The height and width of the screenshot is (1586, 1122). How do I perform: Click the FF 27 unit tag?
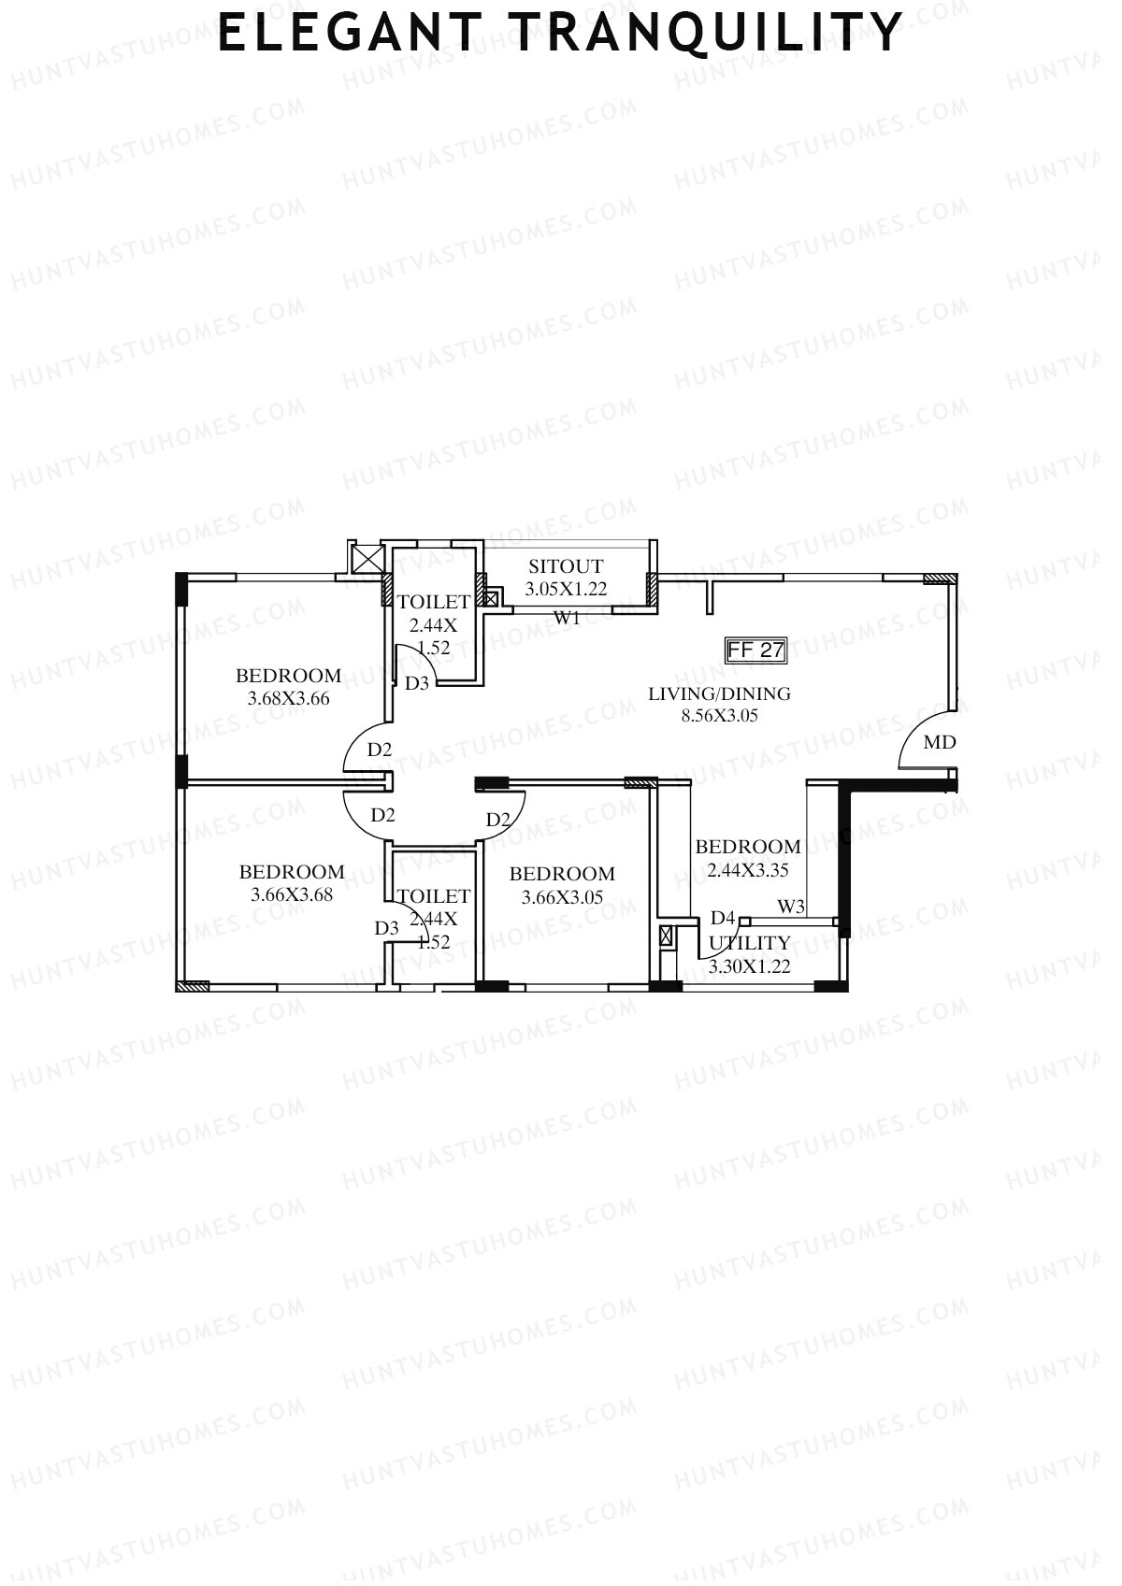pyautogui.click(x=755, y=650)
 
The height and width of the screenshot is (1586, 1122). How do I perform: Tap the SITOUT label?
pyautogui.click(x=566, y=566)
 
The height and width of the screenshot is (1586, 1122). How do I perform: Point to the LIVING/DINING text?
pyautogui.click(x=719, y=693)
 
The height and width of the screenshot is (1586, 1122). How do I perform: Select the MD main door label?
pyautogui.click(x=939, y=743)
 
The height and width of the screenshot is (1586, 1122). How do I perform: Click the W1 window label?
pyautogui.click(x=568, y=618)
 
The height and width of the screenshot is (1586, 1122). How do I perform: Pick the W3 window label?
pyautogui.click(x=791, y=907)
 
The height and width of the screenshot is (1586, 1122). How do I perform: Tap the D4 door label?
pyautogui.click(x=723, y=918)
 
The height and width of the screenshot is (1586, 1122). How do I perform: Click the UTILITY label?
pyautogui.click(x=749, y=943)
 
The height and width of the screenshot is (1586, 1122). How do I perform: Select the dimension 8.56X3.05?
pyautogui.click(x=719, y=717)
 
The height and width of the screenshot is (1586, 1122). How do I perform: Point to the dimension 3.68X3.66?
pyautogui.click(x=288, y=698)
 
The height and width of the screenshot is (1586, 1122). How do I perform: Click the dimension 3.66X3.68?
pyautogui.click(x=292, y=894)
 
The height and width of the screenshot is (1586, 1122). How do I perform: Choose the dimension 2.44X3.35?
pyautogui.click(x=748, y=870)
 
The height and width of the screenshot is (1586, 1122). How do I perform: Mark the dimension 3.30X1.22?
pyautogui.click(x=749, y=967)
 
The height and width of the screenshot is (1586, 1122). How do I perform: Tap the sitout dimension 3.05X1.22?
pyautogui.click(x=566, y=589)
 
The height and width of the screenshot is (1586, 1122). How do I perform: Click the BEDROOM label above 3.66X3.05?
pyautogui.click(x=562, y=874)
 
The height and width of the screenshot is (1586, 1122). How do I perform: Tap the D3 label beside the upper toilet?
pyautogui.click(x=417, y=683)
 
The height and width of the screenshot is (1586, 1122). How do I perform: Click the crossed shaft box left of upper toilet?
pyautogui.click(x=365, y=559)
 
